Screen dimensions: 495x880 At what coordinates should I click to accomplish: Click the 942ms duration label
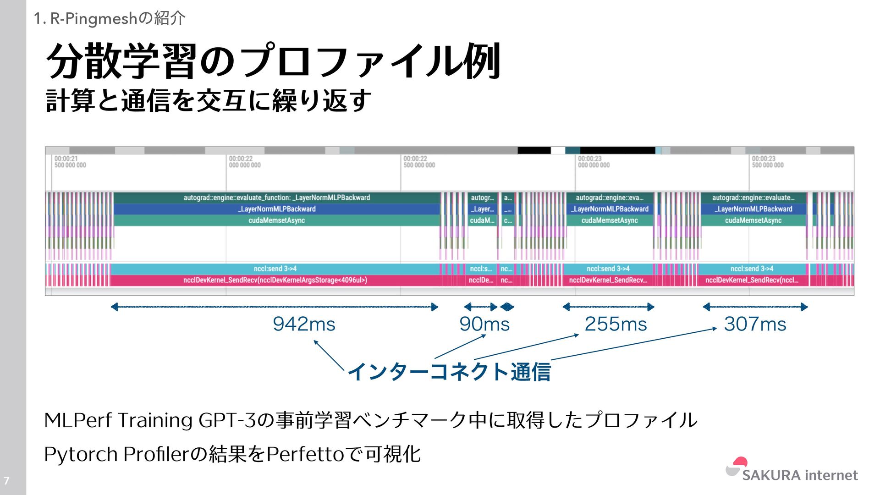tap(304, 324)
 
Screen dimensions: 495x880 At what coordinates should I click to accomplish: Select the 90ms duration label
tap(484, 324)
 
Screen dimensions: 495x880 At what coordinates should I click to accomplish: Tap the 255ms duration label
tap(616, 324)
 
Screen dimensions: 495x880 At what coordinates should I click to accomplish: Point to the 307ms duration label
tap(755, 324)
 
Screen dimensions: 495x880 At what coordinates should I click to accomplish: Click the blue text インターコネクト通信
tap(449, 371)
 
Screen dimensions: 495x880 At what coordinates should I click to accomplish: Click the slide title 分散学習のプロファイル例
tap(273, 61)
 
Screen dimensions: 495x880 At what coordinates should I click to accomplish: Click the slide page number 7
tap(6, 481)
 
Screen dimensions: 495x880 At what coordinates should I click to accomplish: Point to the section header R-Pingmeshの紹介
tap(110, 18)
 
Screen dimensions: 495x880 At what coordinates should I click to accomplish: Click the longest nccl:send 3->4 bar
tap(275, 269)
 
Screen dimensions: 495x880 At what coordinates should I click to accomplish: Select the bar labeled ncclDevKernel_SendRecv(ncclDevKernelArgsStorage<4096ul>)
tap(275, 280)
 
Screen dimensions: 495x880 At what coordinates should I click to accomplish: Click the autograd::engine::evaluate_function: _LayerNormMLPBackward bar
tap(277, 198)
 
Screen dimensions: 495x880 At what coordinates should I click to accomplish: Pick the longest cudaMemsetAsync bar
tap(277, 220)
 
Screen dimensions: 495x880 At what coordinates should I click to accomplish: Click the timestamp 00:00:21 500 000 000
tap(70, 162)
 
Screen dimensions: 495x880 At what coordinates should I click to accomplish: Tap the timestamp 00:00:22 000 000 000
tap(245, 162)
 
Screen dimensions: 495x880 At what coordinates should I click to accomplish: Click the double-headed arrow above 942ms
tap(274, 307)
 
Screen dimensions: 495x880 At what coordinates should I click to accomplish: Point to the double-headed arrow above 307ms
tap(755, 307)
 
